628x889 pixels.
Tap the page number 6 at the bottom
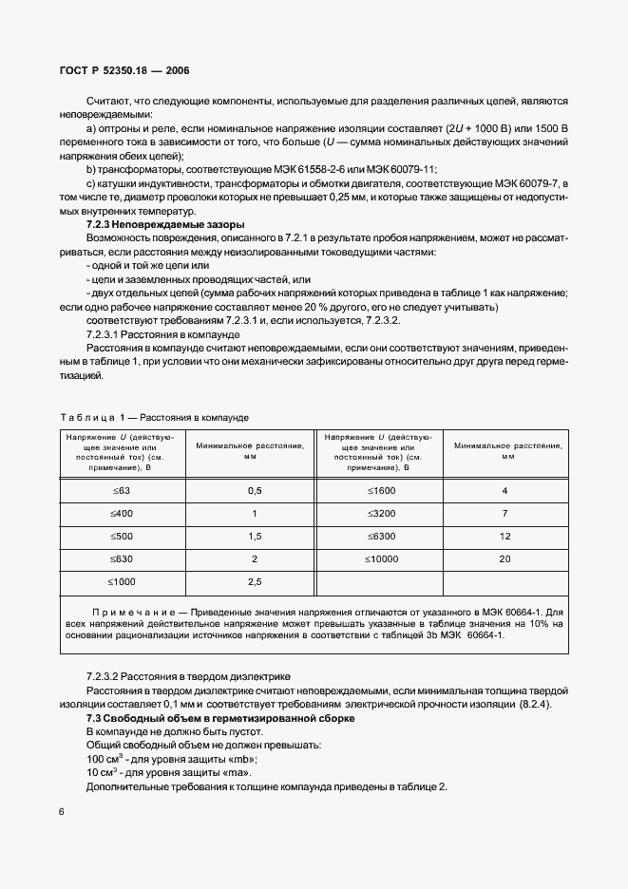tap(62, 811)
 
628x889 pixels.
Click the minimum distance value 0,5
tap(254, 490)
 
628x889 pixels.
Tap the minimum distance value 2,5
tap(254, 581)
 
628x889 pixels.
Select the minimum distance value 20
tap(504, 558)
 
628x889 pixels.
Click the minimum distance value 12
tap(504, 536)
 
